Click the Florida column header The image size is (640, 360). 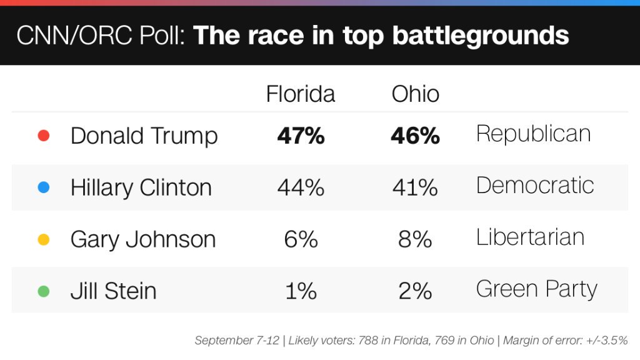301,94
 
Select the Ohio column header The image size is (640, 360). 415,94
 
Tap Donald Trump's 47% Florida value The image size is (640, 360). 301,136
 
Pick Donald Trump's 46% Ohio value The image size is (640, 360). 415,136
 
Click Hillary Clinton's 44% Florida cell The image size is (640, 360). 301,187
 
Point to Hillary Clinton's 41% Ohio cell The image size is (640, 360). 415,187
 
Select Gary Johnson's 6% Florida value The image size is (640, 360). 301,239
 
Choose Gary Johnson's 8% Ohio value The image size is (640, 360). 415,239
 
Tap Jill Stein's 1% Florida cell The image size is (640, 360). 301,291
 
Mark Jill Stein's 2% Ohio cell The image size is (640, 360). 415,291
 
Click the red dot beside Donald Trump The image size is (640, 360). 44,136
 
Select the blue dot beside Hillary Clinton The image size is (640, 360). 44,187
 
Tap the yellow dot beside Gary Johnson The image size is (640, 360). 44,239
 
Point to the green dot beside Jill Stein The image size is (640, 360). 44,291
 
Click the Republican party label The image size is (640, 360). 533,134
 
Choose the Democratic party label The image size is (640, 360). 534,186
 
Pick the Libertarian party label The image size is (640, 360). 530,237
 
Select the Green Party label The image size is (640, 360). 536,289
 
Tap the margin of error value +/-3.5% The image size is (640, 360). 607,341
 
